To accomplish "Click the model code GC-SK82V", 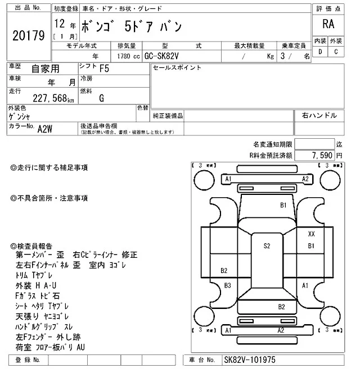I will coord(164,56).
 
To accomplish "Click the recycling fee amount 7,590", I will coord(322,154).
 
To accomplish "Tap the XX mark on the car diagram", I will coord(311,233).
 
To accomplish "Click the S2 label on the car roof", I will coord(267,245).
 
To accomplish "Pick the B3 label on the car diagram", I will coord(228,285).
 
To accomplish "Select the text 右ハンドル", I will coord(319,115).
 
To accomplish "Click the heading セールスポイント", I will coord(177,68).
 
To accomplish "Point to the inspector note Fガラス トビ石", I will coord(38,295).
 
